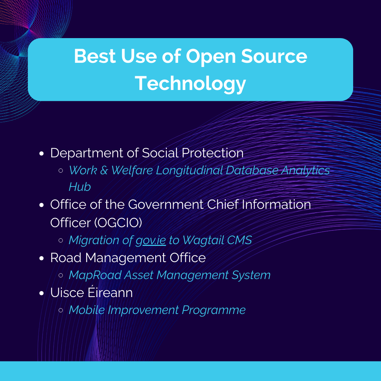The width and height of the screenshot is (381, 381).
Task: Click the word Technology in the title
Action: tap(190, 84)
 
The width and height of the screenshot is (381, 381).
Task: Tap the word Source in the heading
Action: tap(274, 56)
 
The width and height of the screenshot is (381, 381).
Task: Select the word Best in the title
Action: tap(95, 56)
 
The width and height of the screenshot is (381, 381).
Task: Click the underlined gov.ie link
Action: tap(151, 241)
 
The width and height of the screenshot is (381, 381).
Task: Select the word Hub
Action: tap(80, 187)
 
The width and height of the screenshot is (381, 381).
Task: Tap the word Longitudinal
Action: tap(189, 171)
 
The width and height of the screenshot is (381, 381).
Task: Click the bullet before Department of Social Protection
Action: tap(42, 153)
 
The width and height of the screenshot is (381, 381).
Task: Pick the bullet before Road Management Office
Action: tap(42, 258)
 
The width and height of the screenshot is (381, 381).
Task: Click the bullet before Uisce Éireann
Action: tap(42, 293)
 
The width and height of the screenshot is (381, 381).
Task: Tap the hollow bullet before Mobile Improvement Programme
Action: tap(61, 310)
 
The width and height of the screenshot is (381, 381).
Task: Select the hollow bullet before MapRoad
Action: tap(61, 275)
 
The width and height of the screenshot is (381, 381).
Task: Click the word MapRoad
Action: tap(95, 275)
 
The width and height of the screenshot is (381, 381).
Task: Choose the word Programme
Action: tap(213, 310)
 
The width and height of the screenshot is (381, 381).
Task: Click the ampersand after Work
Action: tap(104, 171)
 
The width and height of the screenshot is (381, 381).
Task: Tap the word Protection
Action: tap(213, 153)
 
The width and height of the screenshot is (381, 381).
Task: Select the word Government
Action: tap(166, 205)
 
